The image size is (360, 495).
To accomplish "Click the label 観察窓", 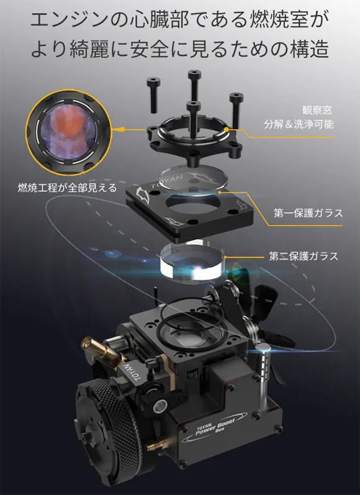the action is tap(317, 109).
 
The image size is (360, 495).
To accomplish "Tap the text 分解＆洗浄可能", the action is tap(299, 124).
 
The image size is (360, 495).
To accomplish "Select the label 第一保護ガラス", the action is tap(308, 213).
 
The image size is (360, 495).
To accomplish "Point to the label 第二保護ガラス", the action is tap(304, 256).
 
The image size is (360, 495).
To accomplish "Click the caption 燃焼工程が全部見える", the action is tap(67, 188).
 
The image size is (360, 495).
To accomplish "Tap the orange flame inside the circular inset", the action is tap(68, 119).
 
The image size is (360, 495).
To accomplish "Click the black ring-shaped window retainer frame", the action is tap(194, 139).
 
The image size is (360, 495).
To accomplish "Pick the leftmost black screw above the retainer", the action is tap(153, 95).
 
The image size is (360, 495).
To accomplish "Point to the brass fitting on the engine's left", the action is tap(101, 350).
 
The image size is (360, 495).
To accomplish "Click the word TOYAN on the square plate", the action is tap(166, 181).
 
